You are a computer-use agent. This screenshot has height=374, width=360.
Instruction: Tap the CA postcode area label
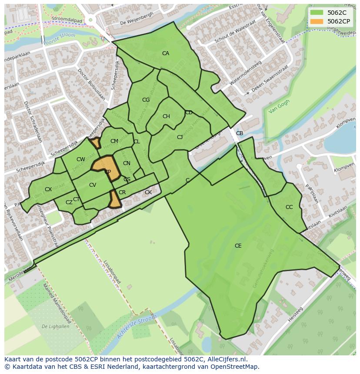click(x=166, y=53)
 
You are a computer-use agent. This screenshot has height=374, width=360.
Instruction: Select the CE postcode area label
click(x=238, y=246)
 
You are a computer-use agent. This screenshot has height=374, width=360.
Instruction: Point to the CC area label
click(x=289, y=207)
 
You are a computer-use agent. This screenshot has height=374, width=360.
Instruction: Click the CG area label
click(x=146, y=100)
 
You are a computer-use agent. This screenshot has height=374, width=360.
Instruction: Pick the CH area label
click(x=166, y=116)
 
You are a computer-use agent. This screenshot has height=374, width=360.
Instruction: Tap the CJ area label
click(x=180, y=137)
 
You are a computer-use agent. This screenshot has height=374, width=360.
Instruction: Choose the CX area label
click(x=48, y=189)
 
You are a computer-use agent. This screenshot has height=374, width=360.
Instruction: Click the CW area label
click(x=80, y=160)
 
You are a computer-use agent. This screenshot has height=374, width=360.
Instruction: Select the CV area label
click(x=93, y=185)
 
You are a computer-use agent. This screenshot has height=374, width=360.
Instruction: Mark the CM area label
click(x=114, y=141)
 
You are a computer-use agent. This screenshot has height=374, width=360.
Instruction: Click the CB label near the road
click(x=240, y=133)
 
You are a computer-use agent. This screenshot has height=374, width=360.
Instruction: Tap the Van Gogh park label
click(x=279, y=107)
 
